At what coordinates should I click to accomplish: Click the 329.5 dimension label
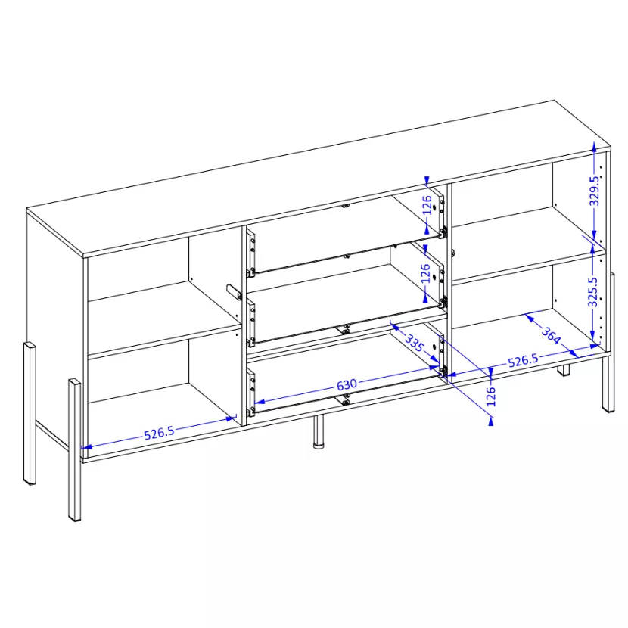click(595, 191)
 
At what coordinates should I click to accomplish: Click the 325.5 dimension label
click(592, 292)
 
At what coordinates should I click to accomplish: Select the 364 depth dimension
click(551, 335)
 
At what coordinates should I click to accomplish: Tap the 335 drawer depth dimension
click(414, 343)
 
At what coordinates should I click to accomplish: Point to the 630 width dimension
click(347, 384)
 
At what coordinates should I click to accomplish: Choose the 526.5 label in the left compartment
click(159, 433)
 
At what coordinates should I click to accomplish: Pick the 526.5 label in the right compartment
click(523, 360)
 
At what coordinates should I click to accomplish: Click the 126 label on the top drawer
click(427, 204)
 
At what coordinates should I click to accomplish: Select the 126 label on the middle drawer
click(425, 273)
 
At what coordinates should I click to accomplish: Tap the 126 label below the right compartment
click(491, 396)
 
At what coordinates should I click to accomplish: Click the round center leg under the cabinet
click(318, 433)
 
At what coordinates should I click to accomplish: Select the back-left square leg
click(30, 413)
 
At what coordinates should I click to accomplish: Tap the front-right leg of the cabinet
click(608, 384)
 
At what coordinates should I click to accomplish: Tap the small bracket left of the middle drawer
click(234, 292)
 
